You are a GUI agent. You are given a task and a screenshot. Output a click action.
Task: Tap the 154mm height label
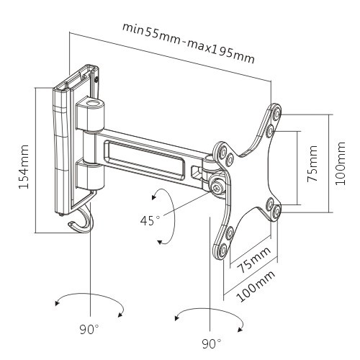pos(24,167)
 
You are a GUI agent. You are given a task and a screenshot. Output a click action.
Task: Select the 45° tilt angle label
pos(150,221)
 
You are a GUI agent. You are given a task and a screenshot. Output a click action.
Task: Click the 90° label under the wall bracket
pos(89,329)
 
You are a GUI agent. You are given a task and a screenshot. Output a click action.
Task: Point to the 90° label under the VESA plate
pos(212,343)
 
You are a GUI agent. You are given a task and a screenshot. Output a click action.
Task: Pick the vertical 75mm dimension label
pos(312,163)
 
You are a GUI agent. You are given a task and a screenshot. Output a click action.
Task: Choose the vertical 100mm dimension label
pos(340,163)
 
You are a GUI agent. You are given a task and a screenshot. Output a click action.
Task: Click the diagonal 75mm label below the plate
pos(253,260)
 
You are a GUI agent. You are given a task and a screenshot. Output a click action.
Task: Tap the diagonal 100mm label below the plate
pos(255,286)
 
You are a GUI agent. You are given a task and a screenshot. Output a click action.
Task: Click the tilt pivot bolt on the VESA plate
pos(217,186)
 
